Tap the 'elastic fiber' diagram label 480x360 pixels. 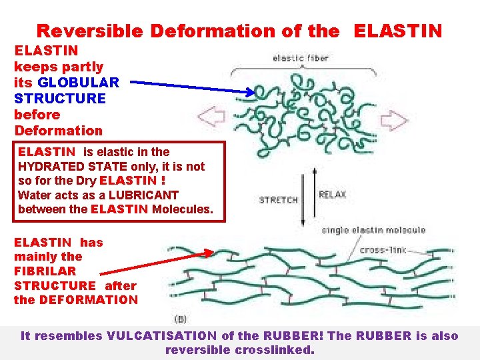point(301,58)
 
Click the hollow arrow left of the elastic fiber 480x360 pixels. point(213,121)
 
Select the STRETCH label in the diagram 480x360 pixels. point(278,199)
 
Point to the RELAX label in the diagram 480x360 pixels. point(333,194)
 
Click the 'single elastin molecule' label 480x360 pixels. point(373,230)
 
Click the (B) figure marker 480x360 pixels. point(181,319)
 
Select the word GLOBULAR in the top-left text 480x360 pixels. point(79,83)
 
